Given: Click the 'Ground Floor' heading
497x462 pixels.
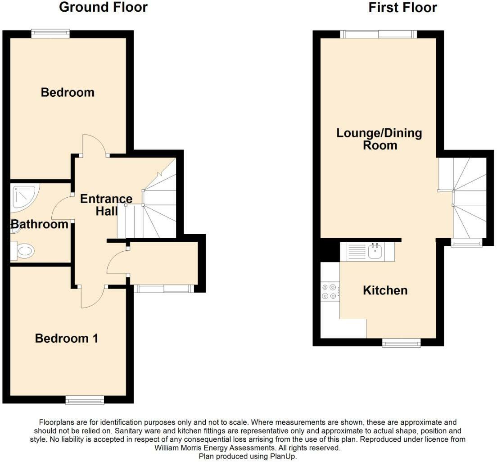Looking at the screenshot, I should [103, 8].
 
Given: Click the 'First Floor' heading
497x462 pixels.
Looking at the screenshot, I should [402, 8].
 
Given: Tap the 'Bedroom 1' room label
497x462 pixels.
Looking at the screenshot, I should [67, 338].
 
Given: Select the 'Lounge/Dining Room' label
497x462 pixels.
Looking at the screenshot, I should [380, 139].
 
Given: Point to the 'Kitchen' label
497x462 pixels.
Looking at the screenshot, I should [385, 290].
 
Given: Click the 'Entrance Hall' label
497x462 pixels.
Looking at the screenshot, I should [106, 205].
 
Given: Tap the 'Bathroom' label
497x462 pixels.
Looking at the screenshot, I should [40, 224].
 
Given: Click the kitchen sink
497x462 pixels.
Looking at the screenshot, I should [375, 251].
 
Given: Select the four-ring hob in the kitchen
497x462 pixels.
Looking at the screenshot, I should [329, 291].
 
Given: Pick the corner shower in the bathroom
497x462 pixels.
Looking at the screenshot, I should [24, 197].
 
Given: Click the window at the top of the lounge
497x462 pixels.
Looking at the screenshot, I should [378, 34].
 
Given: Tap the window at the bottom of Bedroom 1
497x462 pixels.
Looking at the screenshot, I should [85, 400].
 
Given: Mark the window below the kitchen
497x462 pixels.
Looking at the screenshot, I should [401, 343].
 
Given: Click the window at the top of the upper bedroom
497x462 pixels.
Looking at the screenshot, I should [50, 33].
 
